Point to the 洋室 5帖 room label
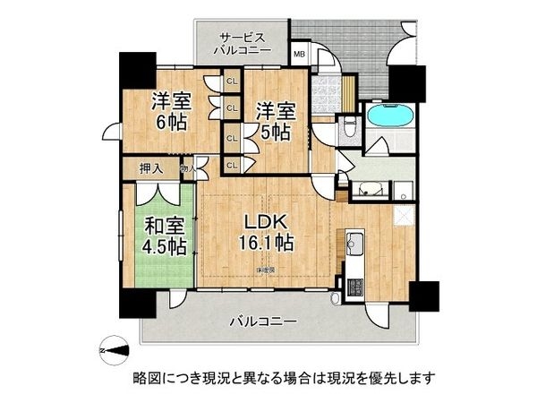(275, 120)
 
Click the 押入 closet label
(150, 167)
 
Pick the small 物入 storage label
(188, 167)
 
